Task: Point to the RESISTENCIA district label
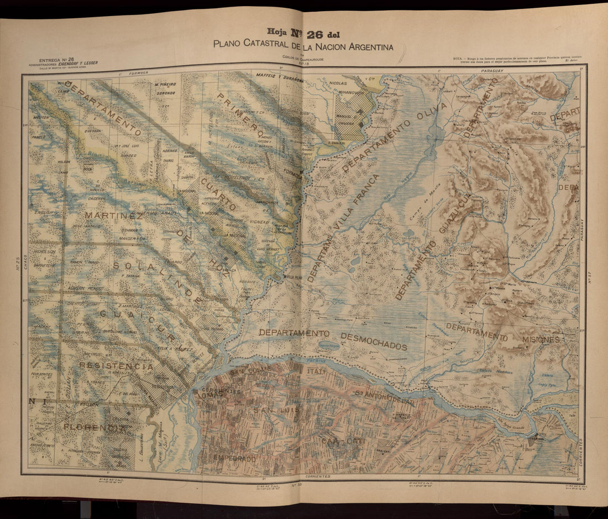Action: [116, 366]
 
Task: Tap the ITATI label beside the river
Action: [316, 372]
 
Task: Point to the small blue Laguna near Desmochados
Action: [328, 346]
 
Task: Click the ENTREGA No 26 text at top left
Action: [56, 59]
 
